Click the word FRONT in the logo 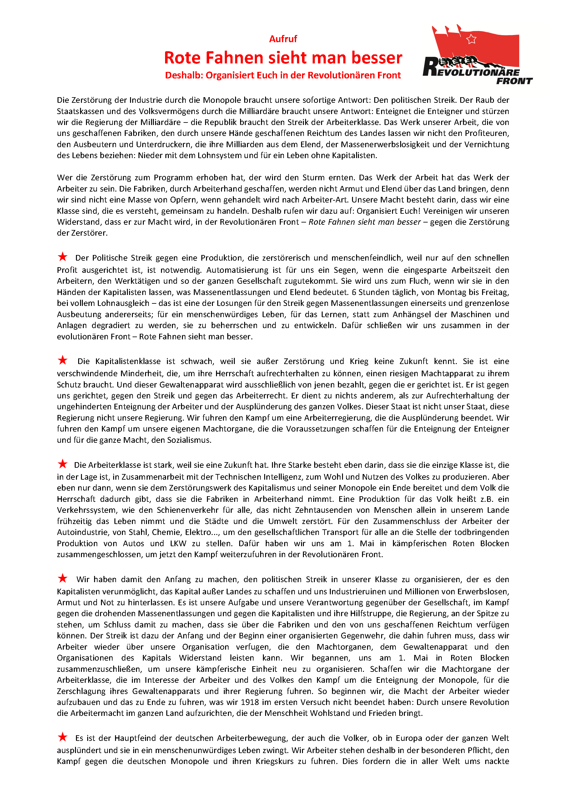click(514, 81)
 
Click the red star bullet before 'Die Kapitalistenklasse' click(63, 360)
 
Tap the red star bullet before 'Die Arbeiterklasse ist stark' click(63, 464)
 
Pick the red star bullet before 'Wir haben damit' click(63, 578)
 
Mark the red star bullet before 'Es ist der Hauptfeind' click(63, 737)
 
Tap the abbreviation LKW click(178, 543)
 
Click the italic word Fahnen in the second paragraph click(340, 222)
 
